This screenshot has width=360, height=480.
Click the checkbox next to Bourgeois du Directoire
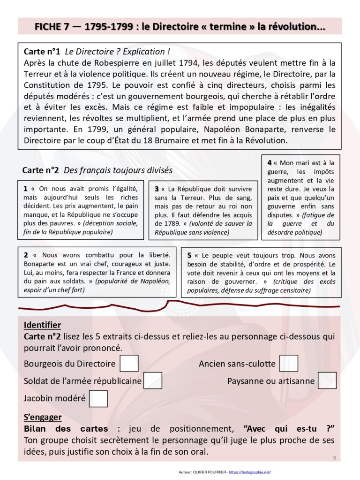pyautogui.click(x=129, y=364)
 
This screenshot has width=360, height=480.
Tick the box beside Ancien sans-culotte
pyautogui.click(x=289, y=364)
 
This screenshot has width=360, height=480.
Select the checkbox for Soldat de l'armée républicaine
pyautogui.click(x=153, y=381)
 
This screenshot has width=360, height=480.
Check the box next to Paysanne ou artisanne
pyautogui.click(x=327, y=381)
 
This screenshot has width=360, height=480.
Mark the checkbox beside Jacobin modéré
pyautogui.click(x=98, y=398)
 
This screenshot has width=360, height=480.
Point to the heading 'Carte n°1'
pyautogui.click(x=42, y=52)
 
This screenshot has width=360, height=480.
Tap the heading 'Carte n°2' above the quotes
pyautogui.click(x=41, y=170)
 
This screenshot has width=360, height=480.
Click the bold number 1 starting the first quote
pyautogui.click(x=25, y=189)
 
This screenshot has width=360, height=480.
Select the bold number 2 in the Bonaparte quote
pyautogui.click(x=26, y=255)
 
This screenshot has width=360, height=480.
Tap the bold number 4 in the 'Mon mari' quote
pyautogui.click(x=270, y=163)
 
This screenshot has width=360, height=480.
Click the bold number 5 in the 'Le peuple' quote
pyautogui.click(x=189, y=255)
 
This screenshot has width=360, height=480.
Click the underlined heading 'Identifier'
pyautogui.click(x=42, y=325)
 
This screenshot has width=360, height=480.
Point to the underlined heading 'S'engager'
pyautogui.click(x=43, y=417)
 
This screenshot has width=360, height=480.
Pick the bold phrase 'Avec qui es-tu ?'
pyautogui.click(x=291, y=429)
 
